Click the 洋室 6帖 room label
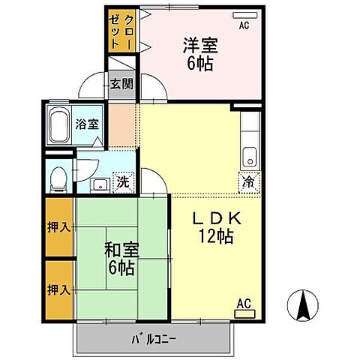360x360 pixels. pos(200,54)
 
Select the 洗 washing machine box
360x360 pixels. pos(121,181)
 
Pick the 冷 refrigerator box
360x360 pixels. pos(248,180)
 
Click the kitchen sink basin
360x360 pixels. pos(250,157)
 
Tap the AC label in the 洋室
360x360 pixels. pos(244,25)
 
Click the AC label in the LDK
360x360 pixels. pos(244,303)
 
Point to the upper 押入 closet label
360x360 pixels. pos(59,226)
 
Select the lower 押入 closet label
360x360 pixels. pos(59,289)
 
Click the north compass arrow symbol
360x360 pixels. pos(304,306)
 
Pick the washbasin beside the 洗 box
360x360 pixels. pos(98,184)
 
